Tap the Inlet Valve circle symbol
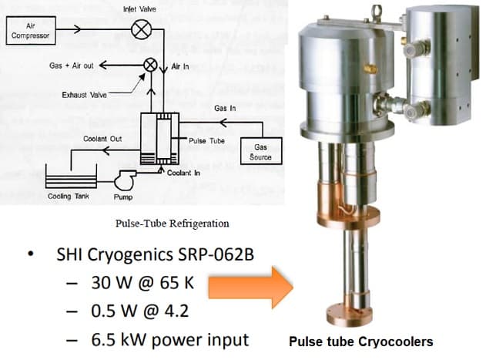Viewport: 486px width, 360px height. tap(142, 30)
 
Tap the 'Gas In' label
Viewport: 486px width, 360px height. tap(224, 108)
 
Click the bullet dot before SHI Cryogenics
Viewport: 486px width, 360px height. tap(28, 255)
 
